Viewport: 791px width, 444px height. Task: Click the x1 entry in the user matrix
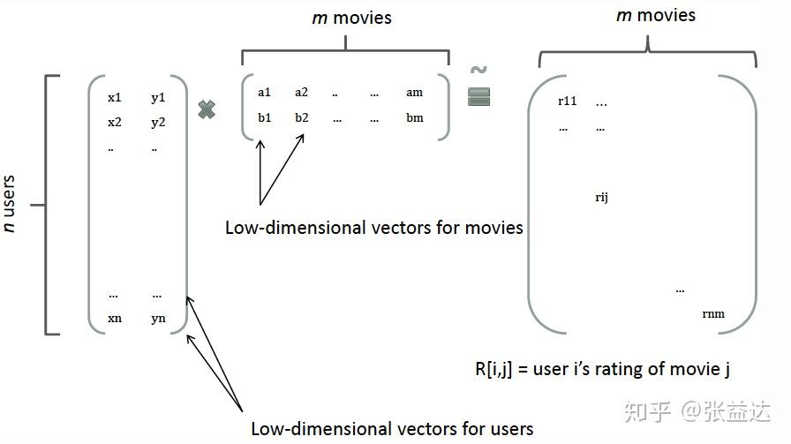115,97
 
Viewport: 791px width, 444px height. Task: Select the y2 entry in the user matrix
158,122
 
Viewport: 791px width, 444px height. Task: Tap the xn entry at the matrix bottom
115,318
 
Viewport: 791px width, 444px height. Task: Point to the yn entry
158,318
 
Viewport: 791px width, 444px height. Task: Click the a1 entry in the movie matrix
265,92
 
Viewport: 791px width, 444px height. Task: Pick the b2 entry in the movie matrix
302,117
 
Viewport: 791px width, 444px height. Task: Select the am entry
414,92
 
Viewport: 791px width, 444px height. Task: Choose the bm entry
414,117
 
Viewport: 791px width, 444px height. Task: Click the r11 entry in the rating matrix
567,101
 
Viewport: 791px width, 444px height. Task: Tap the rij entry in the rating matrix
601,197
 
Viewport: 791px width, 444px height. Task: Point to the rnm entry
713,312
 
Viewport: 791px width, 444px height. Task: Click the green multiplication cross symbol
207,110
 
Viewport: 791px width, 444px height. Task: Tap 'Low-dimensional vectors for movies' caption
373,228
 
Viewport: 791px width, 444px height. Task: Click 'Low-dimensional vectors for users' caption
392,429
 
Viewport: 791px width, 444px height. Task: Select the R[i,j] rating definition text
601,369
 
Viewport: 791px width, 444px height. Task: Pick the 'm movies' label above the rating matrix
655,15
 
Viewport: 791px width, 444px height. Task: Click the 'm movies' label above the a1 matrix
351,18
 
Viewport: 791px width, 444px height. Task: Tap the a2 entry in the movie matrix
302,92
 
